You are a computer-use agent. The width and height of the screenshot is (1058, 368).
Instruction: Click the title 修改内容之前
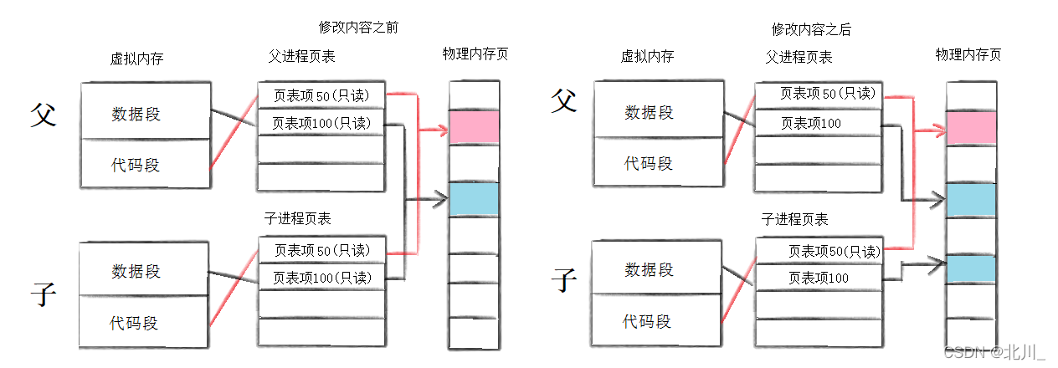pos(358,28)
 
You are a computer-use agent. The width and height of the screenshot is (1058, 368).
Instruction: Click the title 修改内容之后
pos(811,29)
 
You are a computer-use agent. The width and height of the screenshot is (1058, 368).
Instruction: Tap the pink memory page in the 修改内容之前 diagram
pos(474,127)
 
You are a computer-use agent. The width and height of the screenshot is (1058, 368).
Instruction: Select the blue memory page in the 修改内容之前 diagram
pos(474,199)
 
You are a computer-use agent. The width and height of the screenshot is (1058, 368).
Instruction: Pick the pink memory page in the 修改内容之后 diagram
pos(971,128)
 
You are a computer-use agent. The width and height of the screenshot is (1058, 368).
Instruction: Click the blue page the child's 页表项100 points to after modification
pos(971,268)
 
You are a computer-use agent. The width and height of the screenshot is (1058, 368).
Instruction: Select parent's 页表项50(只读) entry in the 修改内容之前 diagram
pos(321,96)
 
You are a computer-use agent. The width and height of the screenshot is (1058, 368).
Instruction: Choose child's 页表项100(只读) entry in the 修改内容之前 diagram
pos(321,278)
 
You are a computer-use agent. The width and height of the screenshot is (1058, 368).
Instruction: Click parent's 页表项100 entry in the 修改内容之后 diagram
pos(817,124)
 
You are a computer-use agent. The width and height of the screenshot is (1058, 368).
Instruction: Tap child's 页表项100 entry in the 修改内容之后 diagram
pos(819,278)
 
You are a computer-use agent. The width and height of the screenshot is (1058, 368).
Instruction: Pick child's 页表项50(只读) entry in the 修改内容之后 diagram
pos(819,251)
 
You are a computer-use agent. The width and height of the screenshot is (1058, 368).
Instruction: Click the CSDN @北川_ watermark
pos(994,353)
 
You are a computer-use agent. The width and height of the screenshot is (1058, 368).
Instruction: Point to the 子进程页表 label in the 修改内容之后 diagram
pos(794,220)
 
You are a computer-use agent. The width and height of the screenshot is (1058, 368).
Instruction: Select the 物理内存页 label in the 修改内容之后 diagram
pos(968,55)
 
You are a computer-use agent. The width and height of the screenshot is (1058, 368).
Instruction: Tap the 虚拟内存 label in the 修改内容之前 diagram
pos(136,59)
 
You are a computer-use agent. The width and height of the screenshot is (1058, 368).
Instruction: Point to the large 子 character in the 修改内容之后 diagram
pos(566,279)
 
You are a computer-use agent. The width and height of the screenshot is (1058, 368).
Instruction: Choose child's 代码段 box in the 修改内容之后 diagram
pos(647,321)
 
